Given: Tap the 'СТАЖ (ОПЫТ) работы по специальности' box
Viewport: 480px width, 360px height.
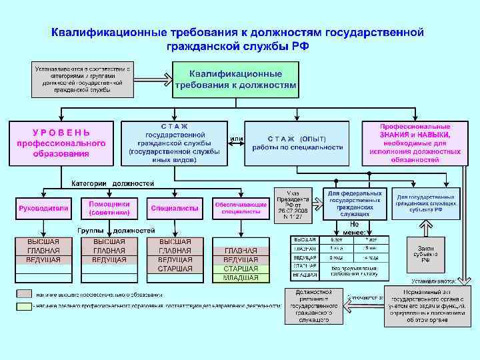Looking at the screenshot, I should coord(297,143).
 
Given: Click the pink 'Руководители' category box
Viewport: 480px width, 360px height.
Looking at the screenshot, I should coord(43,208).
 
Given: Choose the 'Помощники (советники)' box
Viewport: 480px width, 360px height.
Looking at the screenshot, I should coord(109,208).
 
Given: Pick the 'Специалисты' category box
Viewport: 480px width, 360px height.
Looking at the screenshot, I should coord(175,208).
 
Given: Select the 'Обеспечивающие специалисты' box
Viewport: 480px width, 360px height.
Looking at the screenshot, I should coord(241,208).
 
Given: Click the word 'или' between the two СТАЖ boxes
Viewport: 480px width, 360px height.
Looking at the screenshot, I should coord(236,139).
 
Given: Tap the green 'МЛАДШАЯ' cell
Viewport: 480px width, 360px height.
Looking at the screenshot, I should coord(241,278).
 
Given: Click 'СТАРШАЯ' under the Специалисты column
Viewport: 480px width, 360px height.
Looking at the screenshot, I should coord(175,269).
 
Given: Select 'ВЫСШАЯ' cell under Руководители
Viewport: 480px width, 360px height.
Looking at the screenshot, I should coord(43,241).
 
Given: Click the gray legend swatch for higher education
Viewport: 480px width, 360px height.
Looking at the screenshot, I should coord(23,294).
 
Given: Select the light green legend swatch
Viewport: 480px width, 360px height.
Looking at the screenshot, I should coord(23,306).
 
